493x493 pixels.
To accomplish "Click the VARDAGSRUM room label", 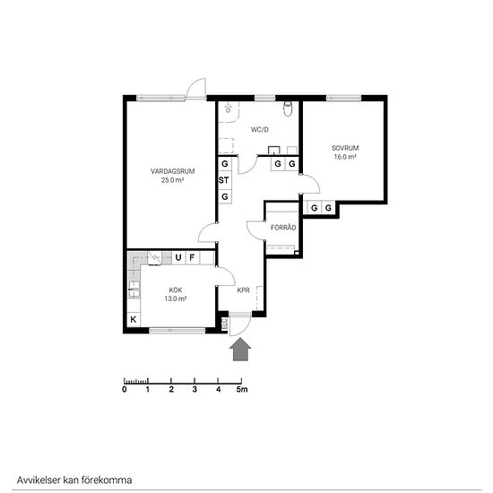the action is (x=172, y=171).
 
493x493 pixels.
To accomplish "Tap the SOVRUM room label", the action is (x=345, y=148).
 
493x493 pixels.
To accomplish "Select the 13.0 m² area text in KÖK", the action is (x=176, y=298).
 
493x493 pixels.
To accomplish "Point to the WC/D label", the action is (x=260, y=130).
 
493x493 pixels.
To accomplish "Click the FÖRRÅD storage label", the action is (x=283, y=228).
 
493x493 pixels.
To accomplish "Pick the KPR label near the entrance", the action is (x=243, y=290).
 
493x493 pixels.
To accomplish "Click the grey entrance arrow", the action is (x=240, y=349).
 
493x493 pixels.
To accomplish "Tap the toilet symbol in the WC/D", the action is (x=288, y=108).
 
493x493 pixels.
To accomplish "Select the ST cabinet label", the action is (x=223, y=180).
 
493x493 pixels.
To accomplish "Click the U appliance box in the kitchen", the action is (x=178, y=258).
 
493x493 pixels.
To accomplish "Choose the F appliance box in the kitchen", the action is (x=192, y=258).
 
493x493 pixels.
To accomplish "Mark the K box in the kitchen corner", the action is (x=134, y=319).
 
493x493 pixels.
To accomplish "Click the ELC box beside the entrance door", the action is (x=224, y=324).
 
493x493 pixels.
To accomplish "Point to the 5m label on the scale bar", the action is (x=242, y=390).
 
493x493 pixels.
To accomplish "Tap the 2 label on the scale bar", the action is (x=171, y=390).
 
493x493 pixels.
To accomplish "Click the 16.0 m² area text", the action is (x=345, y=157).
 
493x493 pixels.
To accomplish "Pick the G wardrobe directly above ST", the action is (x=225, y=164).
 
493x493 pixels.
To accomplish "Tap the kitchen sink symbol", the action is (x=134, y=290).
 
